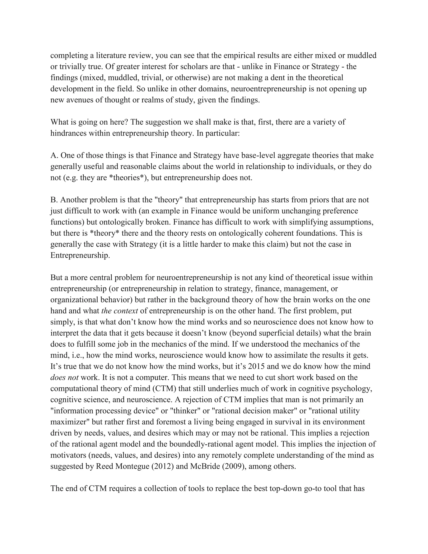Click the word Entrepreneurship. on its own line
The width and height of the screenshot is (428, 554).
click(80, 255)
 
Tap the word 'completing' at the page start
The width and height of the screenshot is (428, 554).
click(69, 55)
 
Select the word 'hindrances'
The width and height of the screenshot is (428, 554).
click(68, 133)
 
